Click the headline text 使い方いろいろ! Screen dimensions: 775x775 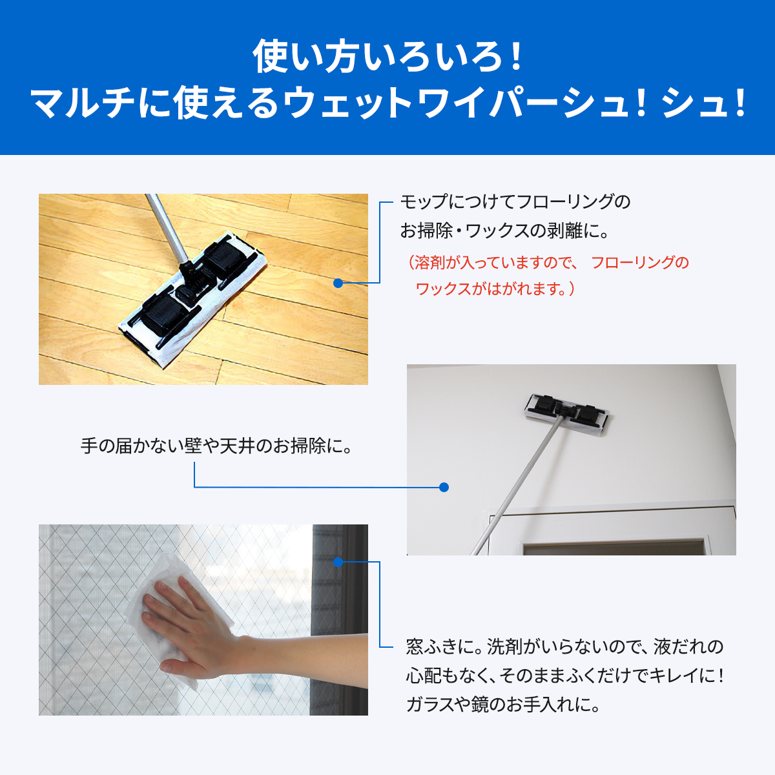click(387, 57)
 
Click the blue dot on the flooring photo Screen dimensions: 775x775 click(337, 283)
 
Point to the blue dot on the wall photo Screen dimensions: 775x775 click(444, 487)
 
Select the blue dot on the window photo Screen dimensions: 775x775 click(337, 562)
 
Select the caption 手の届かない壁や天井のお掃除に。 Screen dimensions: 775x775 click(217, 446)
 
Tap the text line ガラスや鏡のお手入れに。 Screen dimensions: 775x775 click(503, 703)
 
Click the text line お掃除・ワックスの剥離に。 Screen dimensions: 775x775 click(504, 231)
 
